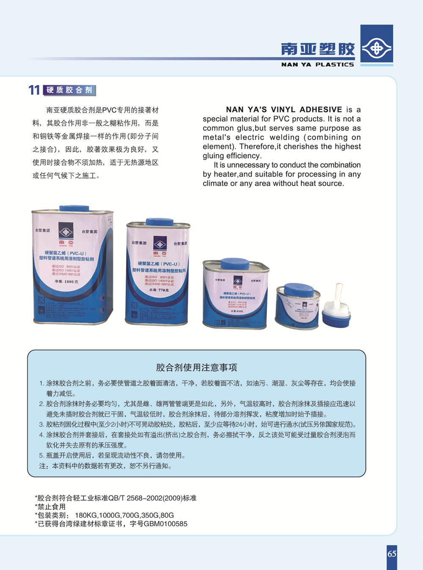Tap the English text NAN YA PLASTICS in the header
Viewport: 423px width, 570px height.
point(317,65)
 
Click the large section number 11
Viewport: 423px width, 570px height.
point(34,90)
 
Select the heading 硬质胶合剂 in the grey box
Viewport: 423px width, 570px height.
point(69,90)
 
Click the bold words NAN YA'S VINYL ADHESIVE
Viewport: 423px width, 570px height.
point(284,110)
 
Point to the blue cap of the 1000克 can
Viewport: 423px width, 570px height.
point(74,208)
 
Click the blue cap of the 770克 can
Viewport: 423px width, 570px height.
point(159,222)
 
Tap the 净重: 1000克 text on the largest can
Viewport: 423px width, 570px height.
point(66,281)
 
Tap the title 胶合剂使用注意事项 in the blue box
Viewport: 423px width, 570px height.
point(196,367)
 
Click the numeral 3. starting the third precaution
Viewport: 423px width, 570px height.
point(41,424)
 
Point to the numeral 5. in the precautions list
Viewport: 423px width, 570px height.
point(41,456)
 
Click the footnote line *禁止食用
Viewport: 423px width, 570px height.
point(50,507)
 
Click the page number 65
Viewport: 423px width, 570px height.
point(392,554)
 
